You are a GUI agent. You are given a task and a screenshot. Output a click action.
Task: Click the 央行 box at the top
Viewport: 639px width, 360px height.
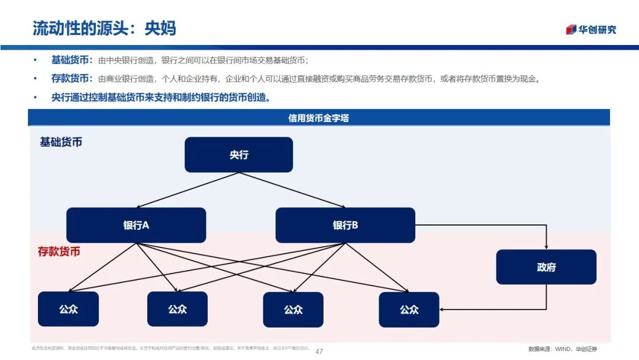click(x=238, y=155)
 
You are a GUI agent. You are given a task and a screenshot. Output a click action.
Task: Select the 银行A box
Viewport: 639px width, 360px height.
click(x=136, y=225)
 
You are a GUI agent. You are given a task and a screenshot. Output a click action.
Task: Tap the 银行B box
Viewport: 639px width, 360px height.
click(x=345, y=225)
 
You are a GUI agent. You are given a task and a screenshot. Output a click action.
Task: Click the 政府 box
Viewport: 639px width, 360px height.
click(x=546, y=266)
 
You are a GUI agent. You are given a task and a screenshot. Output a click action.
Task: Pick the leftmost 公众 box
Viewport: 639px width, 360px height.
click(x=68, y=309)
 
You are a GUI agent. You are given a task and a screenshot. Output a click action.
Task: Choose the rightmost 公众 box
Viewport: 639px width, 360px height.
click(x=409, y=309)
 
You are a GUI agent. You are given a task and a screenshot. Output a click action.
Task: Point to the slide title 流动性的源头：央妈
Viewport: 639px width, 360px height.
click(x=104, y=28)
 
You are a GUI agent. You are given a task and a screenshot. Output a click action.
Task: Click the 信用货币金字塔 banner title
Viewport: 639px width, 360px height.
click(x=318, y=118)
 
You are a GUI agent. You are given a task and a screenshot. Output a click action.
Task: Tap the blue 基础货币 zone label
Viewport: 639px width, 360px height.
click(x=61, y=142)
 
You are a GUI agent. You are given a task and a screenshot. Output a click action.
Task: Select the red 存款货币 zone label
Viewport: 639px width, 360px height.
click(x=59, y=252)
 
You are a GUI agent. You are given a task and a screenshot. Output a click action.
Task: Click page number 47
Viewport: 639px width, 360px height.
click(x=319, y=351)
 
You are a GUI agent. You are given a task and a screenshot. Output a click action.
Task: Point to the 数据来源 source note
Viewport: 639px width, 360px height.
click(x=562, y=349)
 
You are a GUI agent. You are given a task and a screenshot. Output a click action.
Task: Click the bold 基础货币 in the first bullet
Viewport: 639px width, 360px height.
click(x=70, y=60)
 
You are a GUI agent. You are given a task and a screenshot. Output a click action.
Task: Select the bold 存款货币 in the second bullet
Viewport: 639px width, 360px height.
click(x=70, y=78)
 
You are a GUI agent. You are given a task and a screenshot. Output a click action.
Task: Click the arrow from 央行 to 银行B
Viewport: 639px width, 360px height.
click(x=293, y=190)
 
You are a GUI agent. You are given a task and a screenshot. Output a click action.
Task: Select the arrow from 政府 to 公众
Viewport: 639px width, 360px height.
click(x=497, y=308)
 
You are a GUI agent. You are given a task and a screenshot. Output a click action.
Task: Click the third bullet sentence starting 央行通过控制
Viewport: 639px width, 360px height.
click(x=161, y=97)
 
